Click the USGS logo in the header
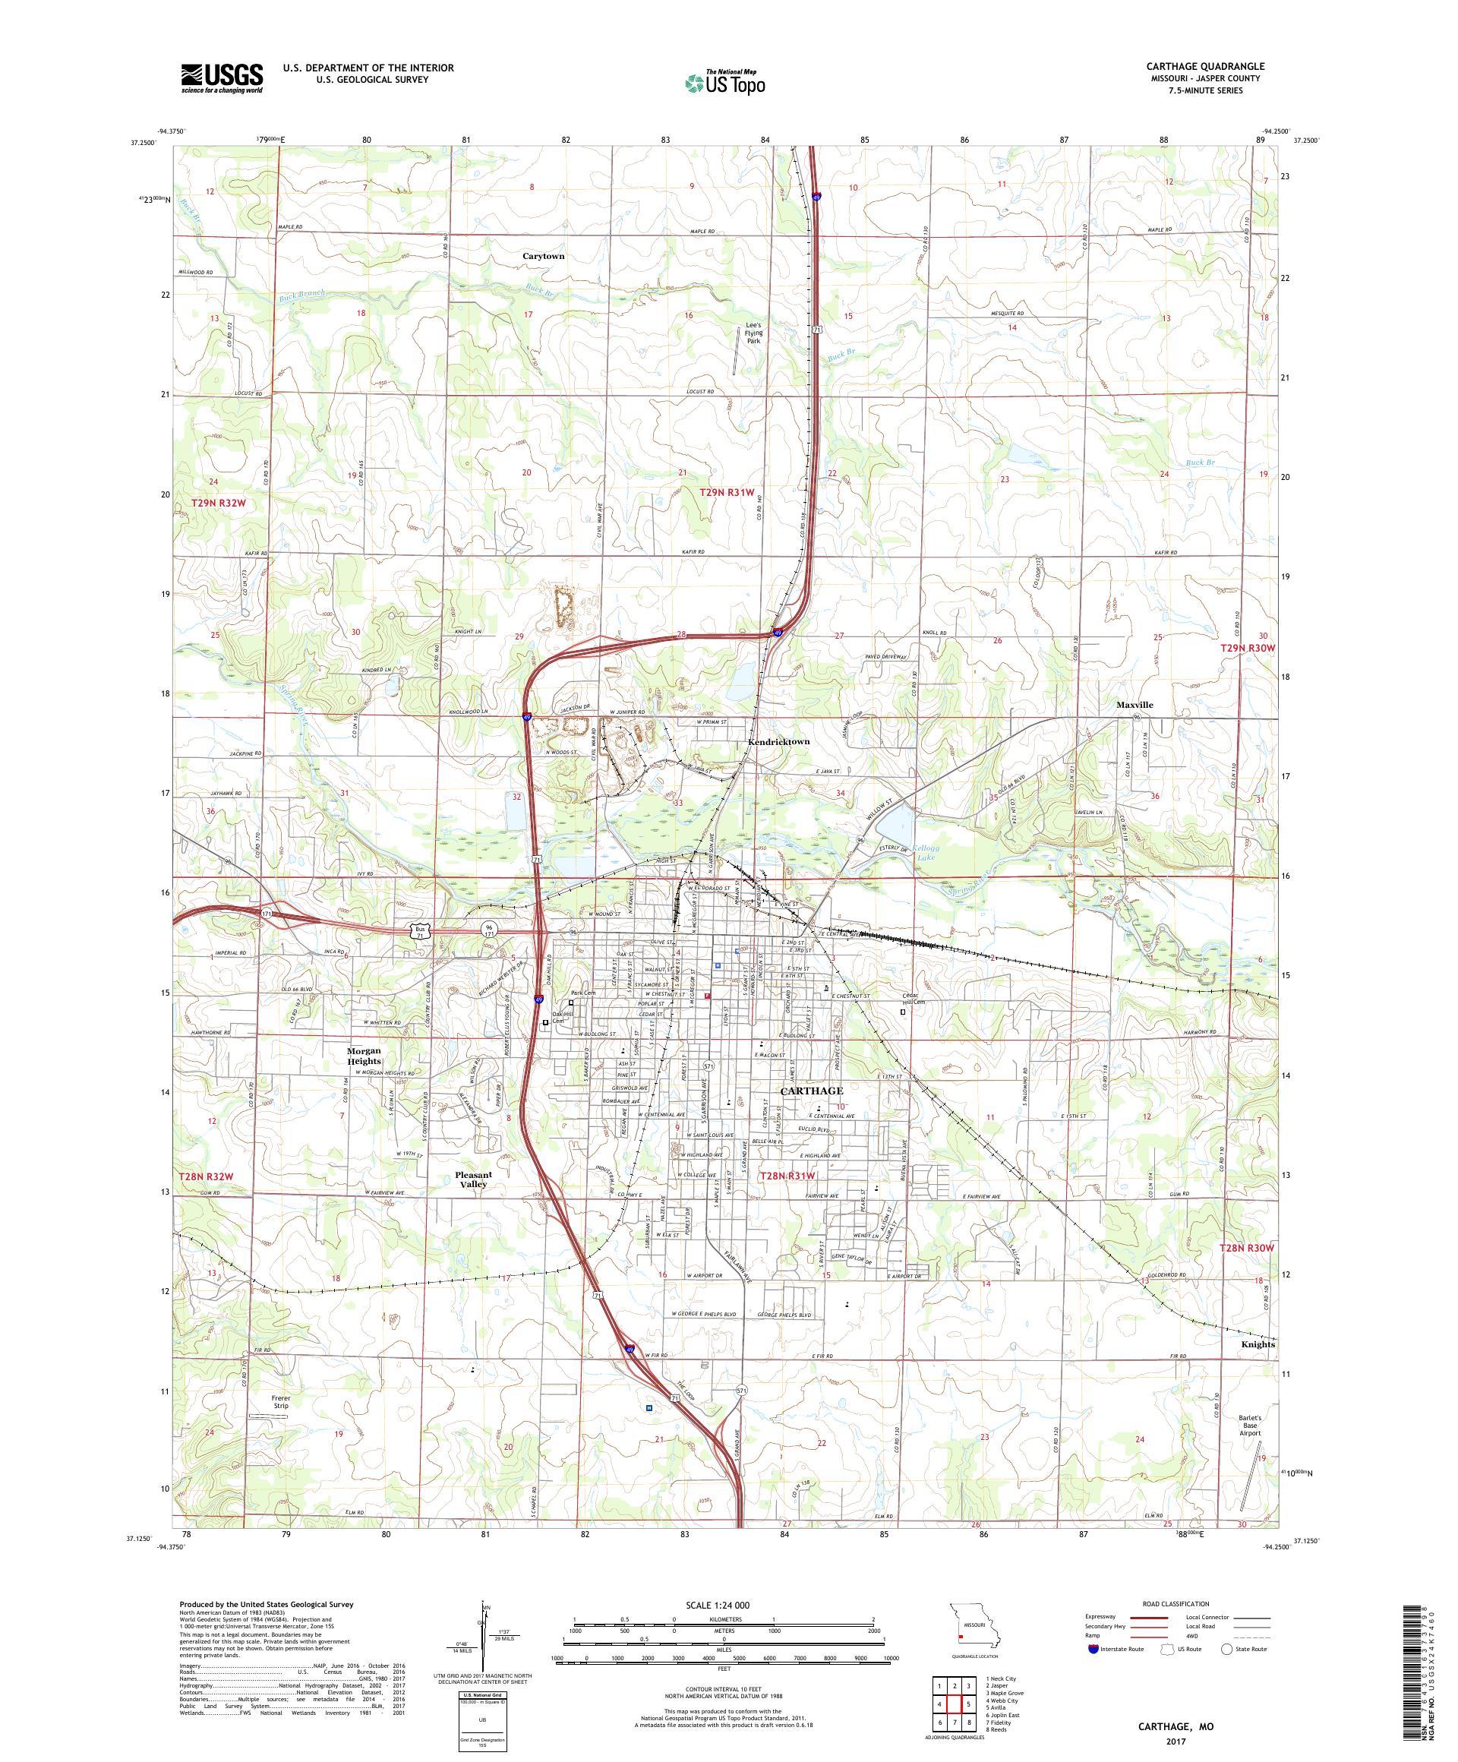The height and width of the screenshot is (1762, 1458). (222, 78)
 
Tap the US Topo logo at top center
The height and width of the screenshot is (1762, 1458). (726, 81)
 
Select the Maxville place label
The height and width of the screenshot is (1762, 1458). (1135, 705)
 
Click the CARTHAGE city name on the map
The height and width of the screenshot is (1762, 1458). (811, 1090)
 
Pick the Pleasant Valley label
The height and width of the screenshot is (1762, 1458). (472, 1179)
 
